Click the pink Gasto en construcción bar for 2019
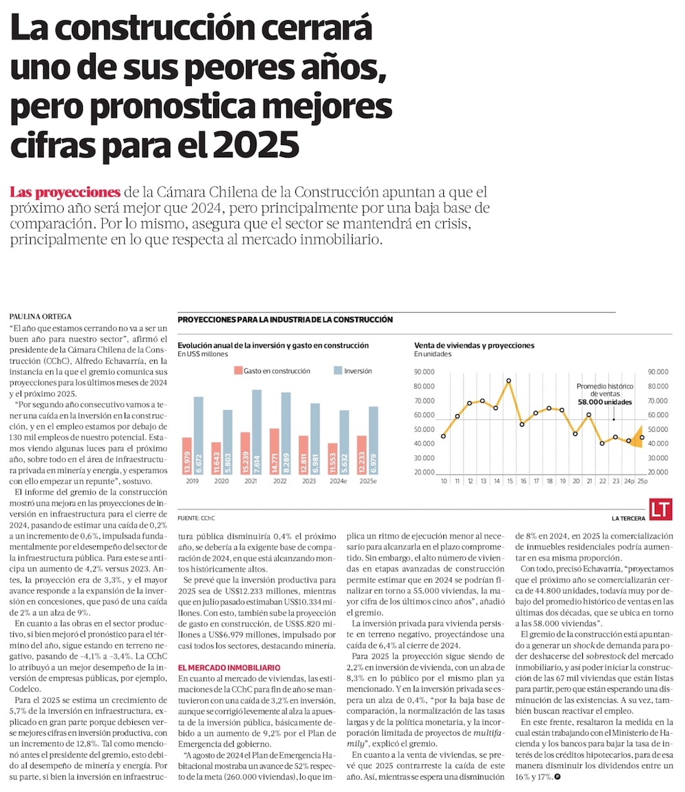187,456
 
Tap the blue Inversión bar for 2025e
373,441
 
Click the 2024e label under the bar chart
338,481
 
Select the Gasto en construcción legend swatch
239,371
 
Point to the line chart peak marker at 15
508,381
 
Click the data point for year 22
602,444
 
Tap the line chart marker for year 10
444,436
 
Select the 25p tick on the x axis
641,481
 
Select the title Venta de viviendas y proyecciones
474,346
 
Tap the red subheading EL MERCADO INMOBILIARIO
228,667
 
